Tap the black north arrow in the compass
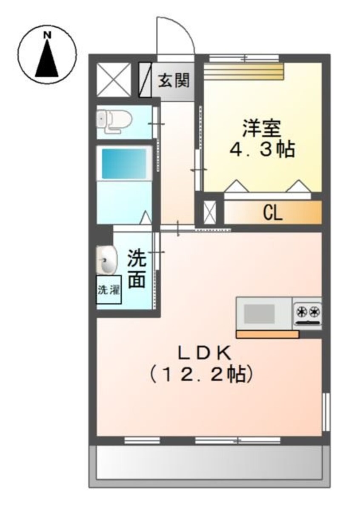click(47, 58)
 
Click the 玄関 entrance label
click(174, 80)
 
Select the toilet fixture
click(114, 121)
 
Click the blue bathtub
click(124, 164)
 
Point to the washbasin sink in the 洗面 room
click(106, 260)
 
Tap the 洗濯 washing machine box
click(109, 290)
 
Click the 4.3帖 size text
click(262, 150)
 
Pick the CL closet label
click(273, 213)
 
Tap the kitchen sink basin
click(259, 313)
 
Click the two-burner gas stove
click(307, 314)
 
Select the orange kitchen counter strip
click(267, 334)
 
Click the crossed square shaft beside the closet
click(209, 213)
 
